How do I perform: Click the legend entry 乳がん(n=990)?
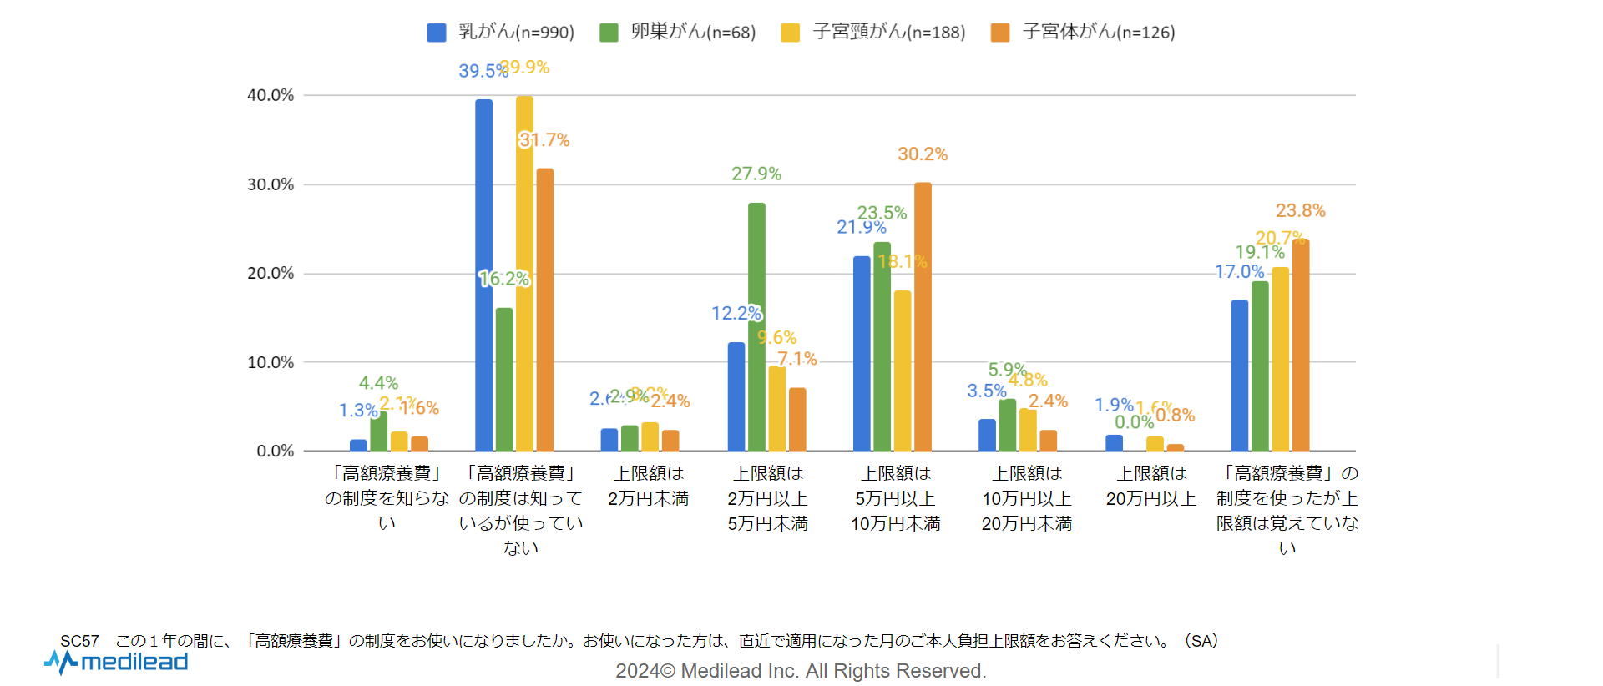click(x=501, y=32)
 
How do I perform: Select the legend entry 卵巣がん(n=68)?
click(x=678, y=32)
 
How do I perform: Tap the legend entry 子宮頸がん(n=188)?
click(x=873, y=32)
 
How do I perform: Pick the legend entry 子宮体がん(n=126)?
click(x=1083, y=32)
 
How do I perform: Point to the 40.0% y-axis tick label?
click(x=271, y=95)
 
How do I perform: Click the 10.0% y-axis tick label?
click(x=271, y=362)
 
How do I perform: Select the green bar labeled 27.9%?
click(x=756, y=327)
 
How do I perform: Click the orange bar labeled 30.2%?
click(x=923, y=317)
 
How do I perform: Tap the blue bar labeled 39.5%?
click(x=483, y=275)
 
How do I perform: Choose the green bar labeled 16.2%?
click(x=504, y=380)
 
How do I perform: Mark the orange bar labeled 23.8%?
click(x=1301, y=346)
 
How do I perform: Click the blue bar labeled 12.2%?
click(x=736, y=397)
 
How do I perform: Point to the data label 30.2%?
click(x=923, y=154)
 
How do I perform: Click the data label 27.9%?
click(x=756, y=174)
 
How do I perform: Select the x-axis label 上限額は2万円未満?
click(x=649, y=486)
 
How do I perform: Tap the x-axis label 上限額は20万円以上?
click(x=1151, y=486)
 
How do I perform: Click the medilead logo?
click(x=116, y=663)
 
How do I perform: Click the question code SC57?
click(x=79, y=641)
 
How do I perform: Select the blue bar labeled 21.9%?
click(x=862, y=354)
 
